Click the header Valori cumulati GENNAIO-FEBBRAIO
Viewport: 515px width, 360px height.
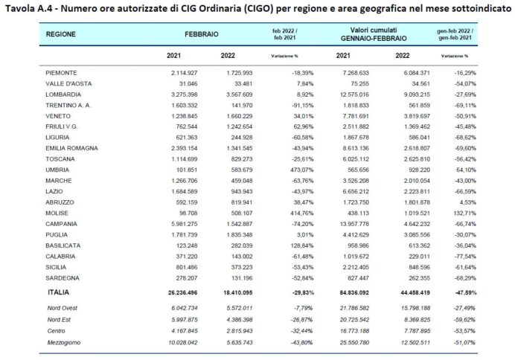pos(362,35)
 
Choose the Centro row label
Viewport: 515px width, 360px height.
pos(56,331)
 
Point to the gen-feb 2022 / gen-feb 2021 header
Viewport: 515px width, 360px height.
pos(455,35)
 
